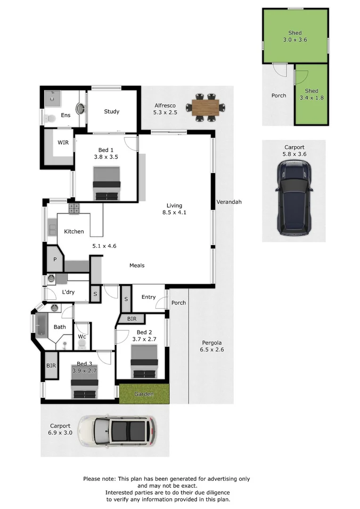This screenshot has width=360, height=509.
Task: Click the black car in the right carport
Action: (294, 197)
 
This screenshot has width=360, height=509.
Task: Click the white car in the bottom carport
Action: (117, 431)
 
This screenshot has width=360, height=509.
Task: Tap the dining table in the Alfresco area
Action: (205, 107)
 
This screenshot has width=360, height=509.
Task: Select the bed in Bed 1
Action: (107, 184)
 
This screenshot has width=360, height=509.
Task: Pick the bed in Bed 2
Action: (144, 361)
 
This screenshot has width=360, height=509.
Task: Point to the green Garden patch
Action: (144, 394)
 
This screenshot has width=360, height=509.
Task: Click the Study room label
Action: (112, 112)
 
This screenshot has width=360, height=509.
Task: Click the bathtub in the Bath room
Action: (41, 326)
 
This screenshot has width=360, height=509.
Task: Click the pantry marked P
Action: (55, 259)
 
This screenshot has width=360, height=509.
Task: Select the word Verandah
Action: (229, 202)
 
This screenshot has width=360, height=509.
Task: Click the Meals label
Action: (137, 265)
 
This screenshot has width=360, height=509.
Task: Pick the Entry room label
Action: (148, 297)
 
